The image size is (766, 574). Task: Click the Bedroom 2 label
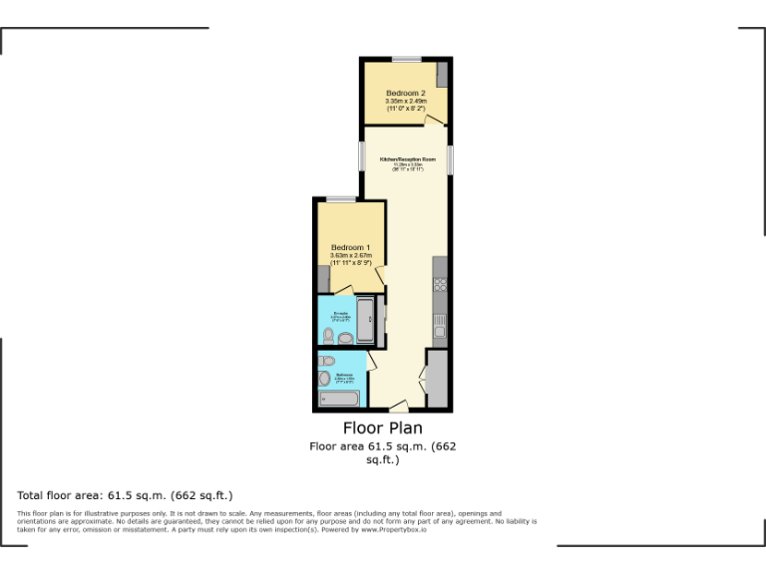(x=405, y=93)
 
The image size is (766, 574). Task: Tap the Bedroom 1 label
(x=350, y=247)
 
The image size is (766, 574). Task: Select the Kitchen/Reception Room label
(x=407, y=159)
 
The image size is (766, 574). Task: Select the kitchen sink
(x=439, y=324)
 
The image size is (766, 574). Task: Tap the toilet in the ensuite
(x=343, y=338)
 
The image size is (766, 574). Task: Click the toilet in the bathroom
(x=324, y=380)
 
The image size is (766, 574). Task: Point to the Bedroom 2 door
(x=434, y=121)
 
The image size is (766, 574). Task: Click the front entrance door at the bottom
(x=398, y=407)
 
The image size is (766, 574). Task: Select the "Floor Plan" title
(x=382, y=429)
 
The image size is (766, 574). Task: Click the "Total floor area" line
(x=125, y=495)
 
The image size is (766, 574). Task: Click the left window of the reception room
(x=362, y=157)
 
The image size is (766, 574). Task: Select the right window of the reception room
(x=451, y=159)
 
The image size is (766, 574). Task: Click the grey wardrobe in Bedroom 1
(x=323, y=280)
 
